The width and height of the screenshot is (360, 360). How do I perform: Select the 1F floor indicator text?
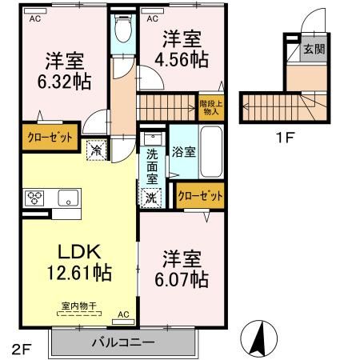[x=286, y=136]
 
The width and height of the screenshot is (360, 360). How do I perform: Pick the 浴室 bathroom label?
[x=184, y=152]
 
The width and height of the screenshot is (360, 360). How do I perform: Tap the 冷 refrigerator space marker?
[x=96, y=150]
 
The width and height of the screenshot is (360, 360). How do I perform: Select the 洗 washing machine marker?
[x=152, y=196]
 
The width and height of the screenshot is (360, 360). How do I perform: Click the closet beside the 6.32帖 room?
[x=48, y=136]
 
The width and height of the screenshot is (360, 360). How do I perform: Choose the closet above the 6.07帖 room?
[x=200, y=194]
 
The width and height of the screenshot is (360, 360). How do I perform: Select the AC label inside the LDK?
[x=123, y=315]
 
